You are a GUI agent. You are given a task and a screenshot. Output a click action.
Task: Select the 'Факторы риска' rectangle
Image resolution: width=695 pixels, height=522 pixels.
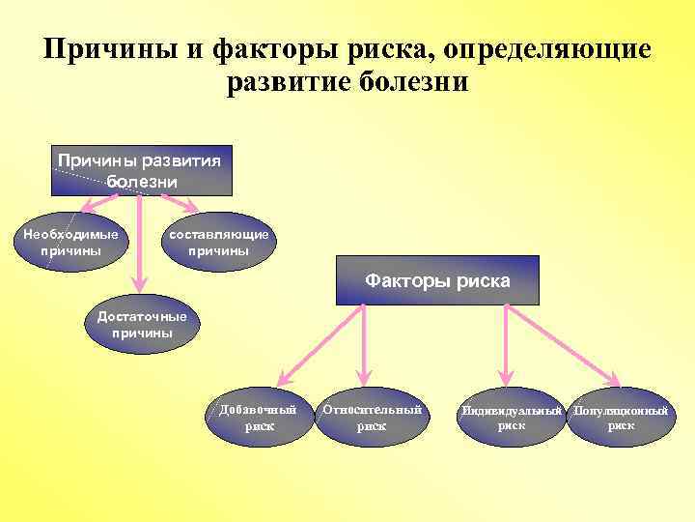tap(437, 280)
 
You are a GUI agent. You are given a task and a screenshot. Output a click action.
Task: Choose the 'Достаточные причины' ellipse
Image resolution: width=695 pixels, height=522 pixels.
tap(142, 325)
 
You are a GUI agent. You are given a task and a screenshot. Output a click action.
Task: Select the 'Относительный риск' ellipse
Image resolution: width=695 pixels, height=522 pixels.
tap(372, 418)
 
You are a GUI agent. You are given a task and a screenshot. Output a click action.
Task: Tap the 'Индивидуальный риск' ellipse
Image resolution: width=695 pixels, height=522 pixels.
tap(511, 418)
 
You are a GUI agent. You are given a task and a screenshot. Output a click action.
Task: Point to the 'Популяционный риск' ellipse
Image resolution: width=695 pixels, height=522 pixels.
tap(621, 418)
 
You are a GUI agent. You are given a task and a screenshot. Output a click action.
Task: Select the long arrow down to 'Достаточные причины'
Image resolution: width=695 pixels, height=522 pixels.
tap(141, 242)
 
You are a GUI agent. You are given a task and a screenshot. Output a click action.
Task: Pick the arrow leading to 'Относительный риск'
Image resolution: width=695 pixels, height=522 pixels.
tap(364, 343)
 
